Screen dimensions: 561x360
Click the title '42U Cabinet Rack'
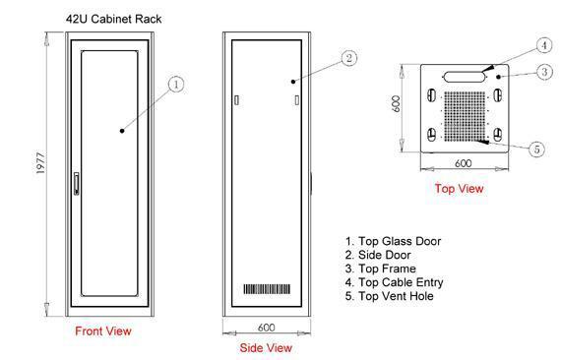click(x=113, y=19)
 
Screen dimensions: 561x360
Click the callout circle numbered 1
click(x=176, y=85)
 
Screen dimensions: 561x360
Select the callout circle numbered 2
click(x=349, y=58)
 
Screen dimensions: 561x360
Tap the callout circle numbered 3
click(x=544, y=72)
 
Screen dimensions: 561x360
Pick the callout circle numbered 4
click(x=544, y=46)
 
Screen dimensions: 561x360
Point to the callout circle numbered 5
click(x=536, y=150)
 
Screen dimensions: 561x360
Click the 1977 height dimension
click(x=41, y=163)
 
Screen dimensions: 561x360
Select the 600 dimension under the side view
click(x=267, y=328)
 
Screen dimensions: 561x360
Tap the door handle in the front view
click(x=76, y=183)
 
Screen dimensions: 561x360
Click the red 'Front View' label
click(x=103, y=331)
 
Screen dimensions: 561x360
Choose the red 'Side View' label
click(x=266, y=347)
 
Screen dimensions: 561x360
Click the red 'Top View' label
click(x=459, y=189)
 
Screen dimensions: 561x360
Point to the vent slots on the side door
click(x=267, y=289)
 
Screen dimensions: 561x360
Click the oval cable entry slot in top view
click(x=465, y=77)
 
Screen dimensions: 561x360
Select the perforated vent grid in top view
click(x=465, y=116)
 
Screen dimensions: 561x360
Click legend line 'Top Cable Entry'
click(x=395, y=282)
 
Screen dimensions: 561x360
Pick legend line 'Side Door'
click(x=378, y=255)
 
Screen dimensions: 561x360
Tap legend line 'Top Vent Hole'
click(x=390, y=296)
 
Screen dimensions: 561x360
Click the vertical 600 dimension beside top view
click(x=396, y=103)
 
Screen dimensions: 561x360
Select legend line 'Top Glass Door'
click(x=394, y=241)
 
